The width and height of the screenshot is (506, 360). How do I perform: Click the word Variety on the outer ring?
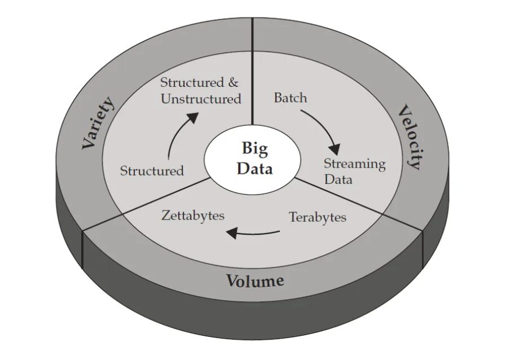click(99, 124)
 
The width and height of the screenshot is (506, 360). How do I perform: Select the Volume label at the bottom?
click(255, 280)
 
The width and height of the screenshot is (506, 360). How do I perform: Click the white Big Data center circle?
click(252, 159)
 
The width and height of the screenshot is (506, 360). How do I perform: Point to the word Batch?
click(291, 98)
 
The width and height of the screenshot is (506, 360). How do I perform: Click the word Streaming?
click(354, 164)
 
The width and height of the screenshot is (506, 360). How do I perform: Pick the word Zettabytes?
click(193, 216)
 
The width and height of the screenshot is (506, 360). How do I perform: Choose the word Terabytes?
click(318, 217)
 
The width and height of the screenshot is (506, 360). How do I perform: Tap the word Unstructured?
click(201, 99)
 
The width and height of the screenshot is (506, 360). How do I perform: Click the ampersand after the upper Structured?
click(233, 82)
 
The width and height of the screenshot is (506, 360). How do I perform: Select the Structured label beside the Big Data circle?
click(152, 170)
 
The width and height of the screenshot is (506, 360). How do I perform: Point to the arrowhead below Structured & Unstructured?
click(192, 117)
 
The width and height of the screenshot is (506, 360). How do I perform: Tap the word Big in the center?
click(255, 149)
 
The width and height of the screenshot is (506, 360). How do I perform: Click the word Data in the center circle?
click(255, 168)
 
